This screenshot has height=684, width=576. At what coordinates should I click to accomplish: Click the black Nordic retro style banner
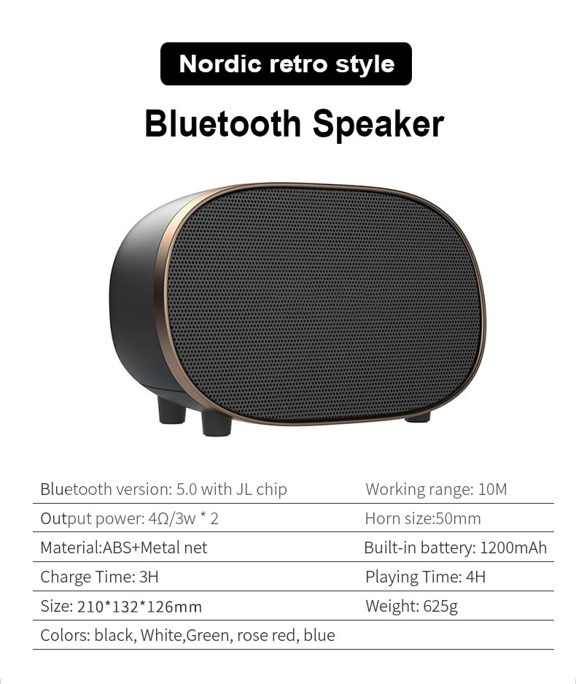tap(286, 64)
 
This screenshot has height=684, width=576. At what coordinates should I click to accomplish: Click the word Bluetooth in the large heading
tap(222, 123)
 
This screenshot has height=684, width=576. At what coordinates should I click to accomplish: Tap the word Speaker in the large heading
tap(378, 125)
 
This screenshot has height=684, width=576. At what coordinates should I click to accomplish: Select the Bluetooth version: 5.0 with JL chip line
tap(163, 489)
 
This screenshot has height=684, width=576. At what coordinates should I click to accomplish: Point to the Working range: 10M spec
tap(436, 489)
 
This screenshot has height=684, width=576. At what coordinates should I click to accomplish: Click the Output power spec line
tap(129, 518)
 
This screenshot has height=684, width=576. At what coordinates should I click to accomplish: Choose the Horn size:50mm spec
tap(423, 518)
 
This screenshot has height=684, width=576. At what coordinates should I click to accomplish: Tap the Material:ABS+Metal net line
tap(124, 547)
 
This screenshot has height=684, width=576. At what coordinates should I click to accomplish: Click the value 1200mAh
tap(513, 547)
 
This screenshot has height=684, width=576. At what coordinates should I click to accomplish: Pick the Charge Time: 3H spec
tap(99, 577)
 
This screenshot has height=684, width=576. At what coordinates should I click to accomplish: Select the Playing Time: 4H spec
tap(425, 577)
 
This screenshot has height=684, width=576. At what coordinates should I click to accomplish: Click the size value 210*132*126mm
tap(139, 607)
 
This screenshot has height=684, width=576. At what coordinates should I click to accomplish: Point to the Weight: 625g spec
tap(411, 606)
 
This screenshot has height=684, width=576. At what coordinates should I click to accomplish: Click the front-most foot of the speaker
tap(217, 423)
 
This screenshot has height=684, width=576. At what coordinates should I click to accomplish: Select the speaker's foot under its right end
tap(417, 418)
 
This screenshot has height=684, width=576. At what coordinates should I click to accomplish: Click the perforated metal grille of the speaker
tap(324, 304)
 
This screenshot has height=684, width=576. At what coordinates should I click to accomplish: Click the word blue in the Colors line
tap(319, 635)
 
